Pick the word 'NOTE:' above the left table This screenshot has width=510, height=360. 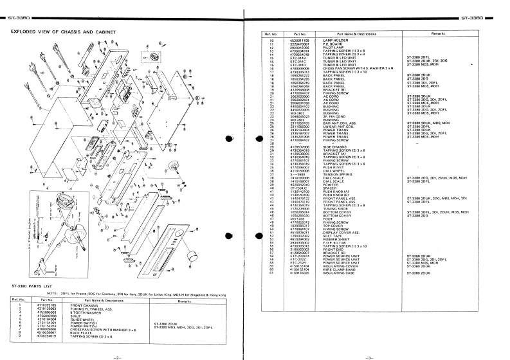pyautogui.click(x=52, y=294)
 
